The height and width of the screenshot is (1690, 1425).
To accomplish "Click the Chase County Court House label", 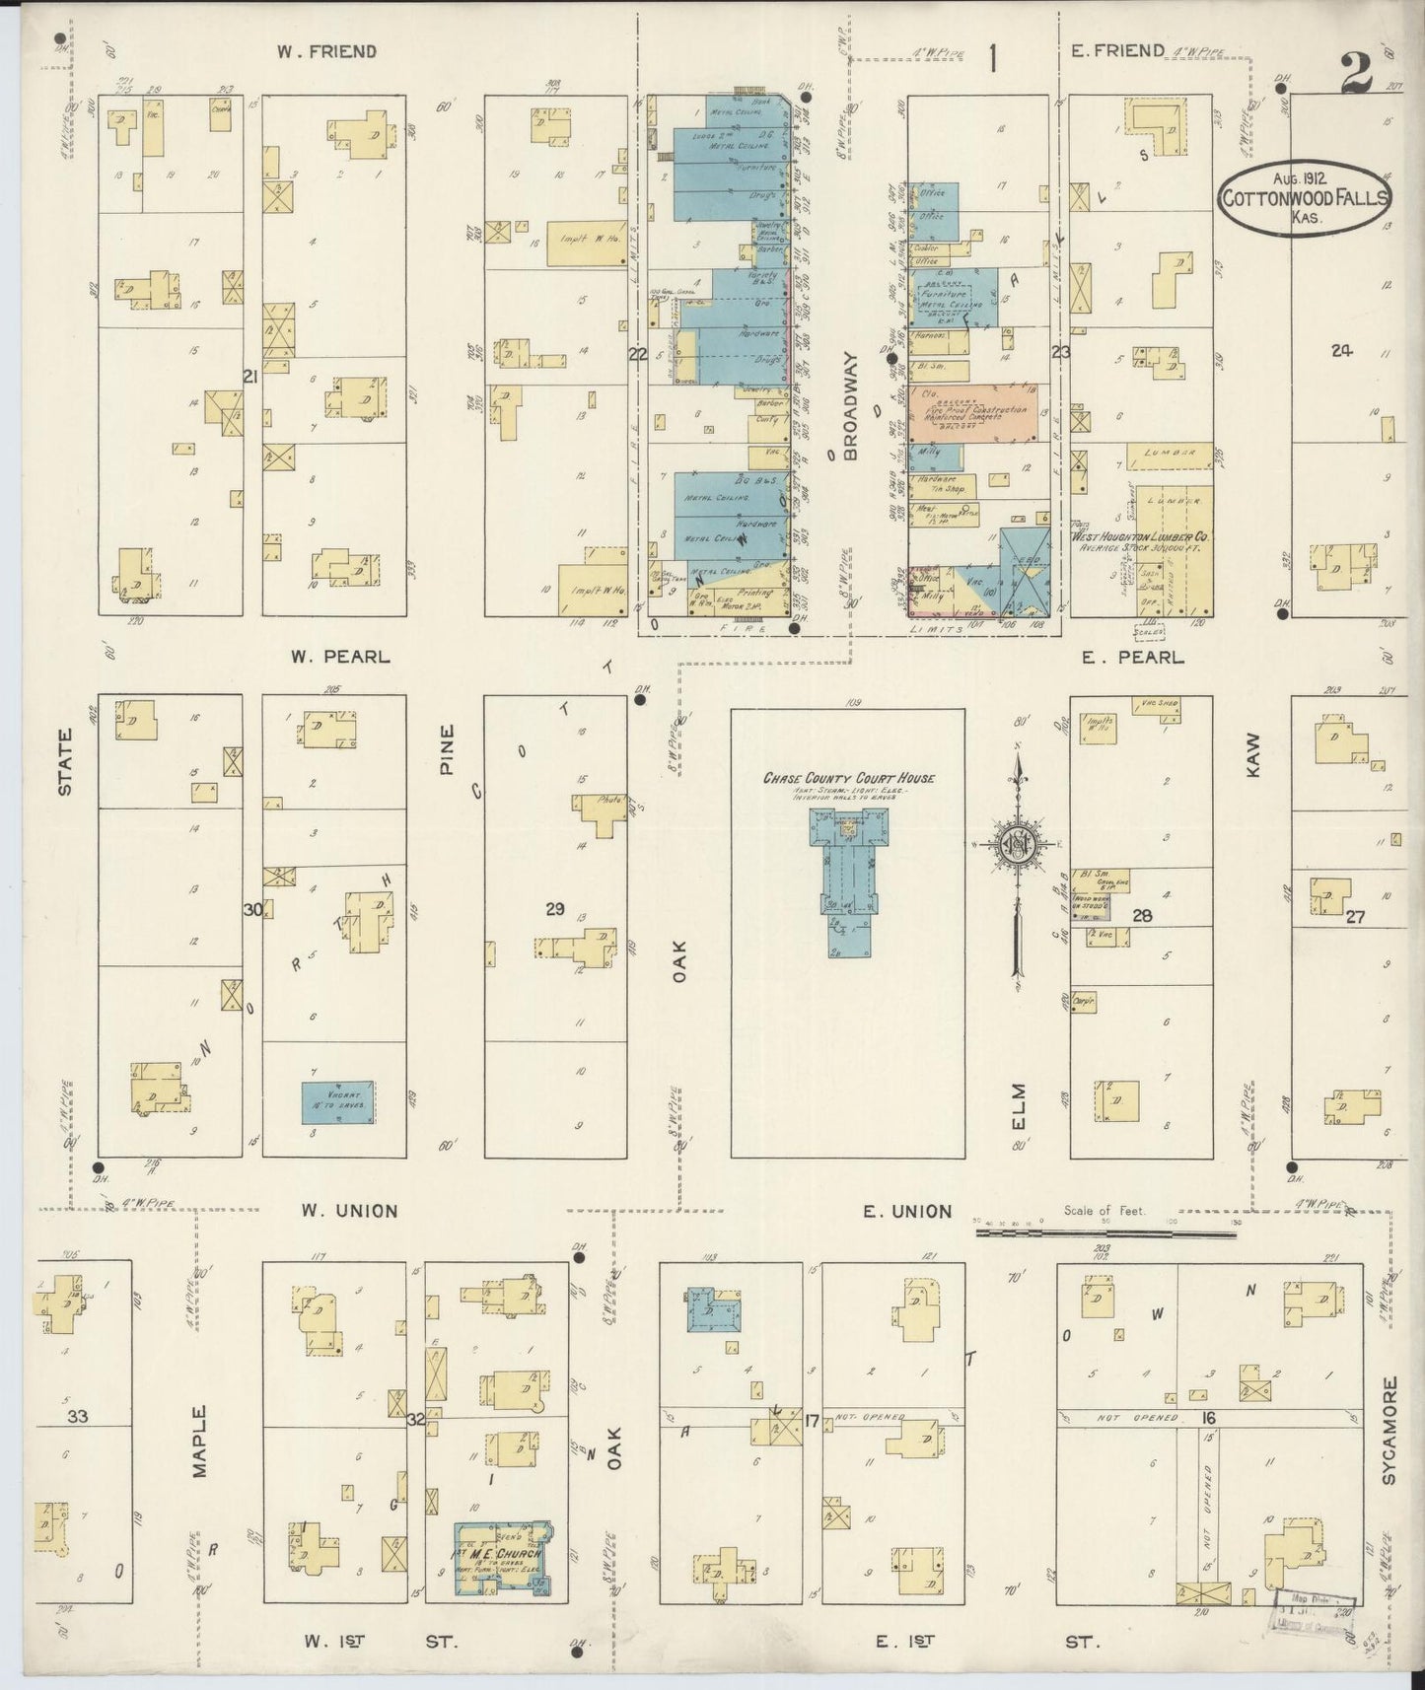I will tap(848, 778).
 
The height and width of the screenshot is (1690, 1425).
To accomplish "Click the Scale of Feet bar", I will tap(1104, 1232).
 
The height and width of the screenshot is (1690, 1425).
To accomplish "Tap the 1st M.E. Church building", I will tap(501, 1559).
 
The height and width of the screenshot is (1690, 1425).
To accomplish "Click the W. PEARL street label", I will tap(340, 656).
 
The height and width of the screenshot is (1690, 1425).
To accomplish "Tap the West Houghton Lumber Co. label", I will tap(1141, 537).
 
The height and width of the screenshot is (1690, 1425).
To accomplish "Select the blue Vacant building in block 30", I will tap(337, 1101).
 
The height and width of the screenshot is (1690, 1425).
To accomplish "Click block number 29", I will tap(555, 908).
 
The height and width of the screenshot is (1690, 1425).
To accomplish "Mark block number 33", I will tap(78, 1417).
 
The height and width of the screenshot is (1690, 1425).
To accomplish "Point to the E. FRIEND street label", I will tap(1116, 50).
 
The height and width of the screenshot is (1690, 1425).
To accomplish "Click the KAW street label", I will tap(1253, 753).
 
